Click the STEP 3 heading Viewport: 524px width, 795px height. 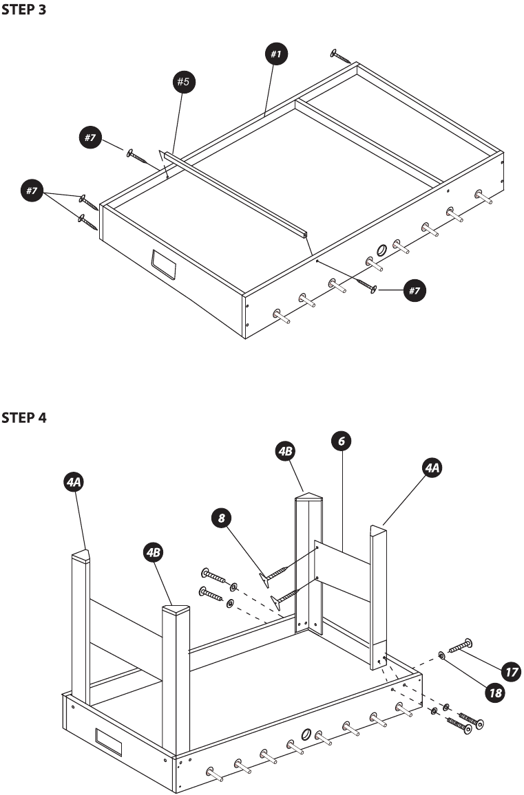pos(24,12)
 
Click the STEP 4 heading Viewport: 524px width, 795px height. pos(24,417)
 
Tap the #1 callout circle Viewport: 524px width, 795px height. pos(277,54)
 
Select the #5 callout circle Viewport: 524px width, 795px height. pos(183,83)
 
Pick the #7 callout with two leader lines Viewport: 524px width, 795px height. pos(31,191)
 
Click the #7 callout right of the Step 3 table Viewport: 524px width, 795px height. pos(414,291)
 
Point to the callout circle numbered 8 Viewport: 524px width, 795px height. pos(221,518)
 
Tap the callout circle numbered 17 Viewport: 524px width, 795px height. pos(510,671)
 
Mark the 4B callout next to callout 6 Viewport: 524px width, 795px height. pos(285,451)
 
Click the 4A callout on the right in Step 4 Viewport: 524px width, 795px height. pos(432,468)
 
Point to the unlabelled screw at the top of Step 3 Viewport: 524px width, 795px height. pos(342,56)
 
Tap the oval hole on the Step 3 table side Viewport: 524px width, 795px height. pos(382,251)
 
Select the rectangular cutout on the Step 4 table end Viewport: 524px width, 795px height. pos(108,741)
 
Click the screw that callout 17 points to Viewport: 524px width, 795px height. pos(461,646)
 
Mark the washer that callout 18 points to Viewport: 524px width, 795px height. pos(441,656)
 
